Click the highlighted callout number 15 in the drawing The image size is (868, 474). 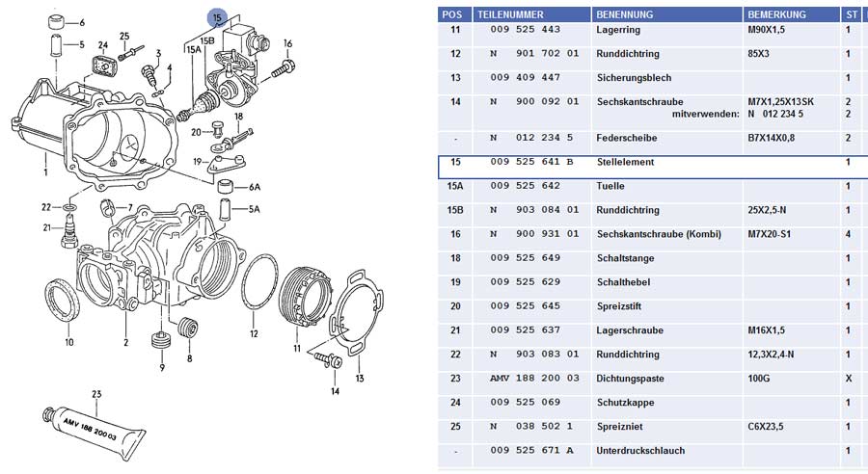click(x=217, y=18)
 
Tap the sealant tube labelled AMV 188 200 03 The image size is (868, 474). click(x=91, y=427)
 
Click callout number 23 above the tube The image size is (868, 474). click(x=96, y=394)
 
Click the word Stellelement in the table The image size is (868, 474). click(x=625, y=162)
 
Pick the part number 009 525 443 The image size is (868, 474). click(x=526, y=29)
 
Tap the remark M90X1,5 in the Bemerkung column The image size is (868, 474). click(x=766, y=29)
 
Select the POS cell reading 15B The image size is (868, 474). click(x=455, y=210)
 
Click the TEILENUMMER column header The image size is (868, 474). click(x=510, y=14)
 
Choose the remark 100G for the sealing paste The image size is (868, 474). click(x=758, y=379)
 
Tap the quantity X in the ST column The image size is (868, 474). click(x=849, y=379)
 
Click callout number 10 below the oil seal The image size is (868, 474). click(x=69, y=342)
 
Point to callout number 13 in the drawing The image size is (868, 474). click(x=360, y=379)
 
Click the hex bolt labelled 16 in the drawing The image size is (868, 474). click(x=284, y=69)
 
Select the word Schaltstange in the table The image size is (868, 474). click(x=626, y=258)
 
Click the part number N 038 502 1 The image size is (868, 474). click(x=531, y=427)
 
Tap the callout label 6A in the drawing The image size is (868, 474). click(x=255, y=187)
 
